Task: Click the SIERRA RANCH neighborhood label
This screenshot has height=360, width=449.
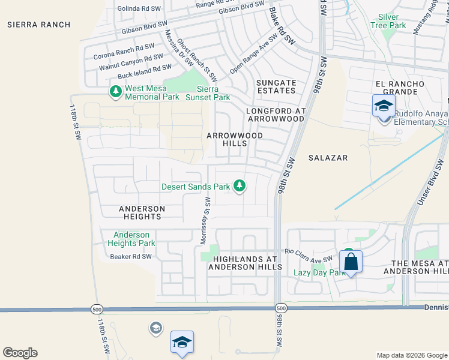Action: [39, 25]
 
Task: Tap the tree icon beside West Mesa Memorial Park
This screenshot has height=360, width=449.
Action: [115, 92]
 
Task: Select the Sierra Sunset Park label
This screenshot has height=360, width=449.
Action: [208, 93]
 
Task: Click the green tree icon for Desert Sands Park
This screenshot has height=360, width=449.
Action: [240, 185]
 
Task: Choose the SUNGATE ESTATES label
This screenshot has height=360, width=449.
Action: [276, 86]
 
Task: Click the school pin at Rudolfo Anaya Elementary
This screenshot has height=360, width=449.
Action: [384, 107]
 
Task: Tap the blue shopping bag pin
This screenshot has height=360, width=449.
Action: [351, 262]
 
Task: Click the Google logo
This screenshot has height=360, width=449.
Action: [20, 353]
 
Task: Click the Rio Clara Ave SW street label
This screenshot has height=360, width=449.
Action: [309, 254]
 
